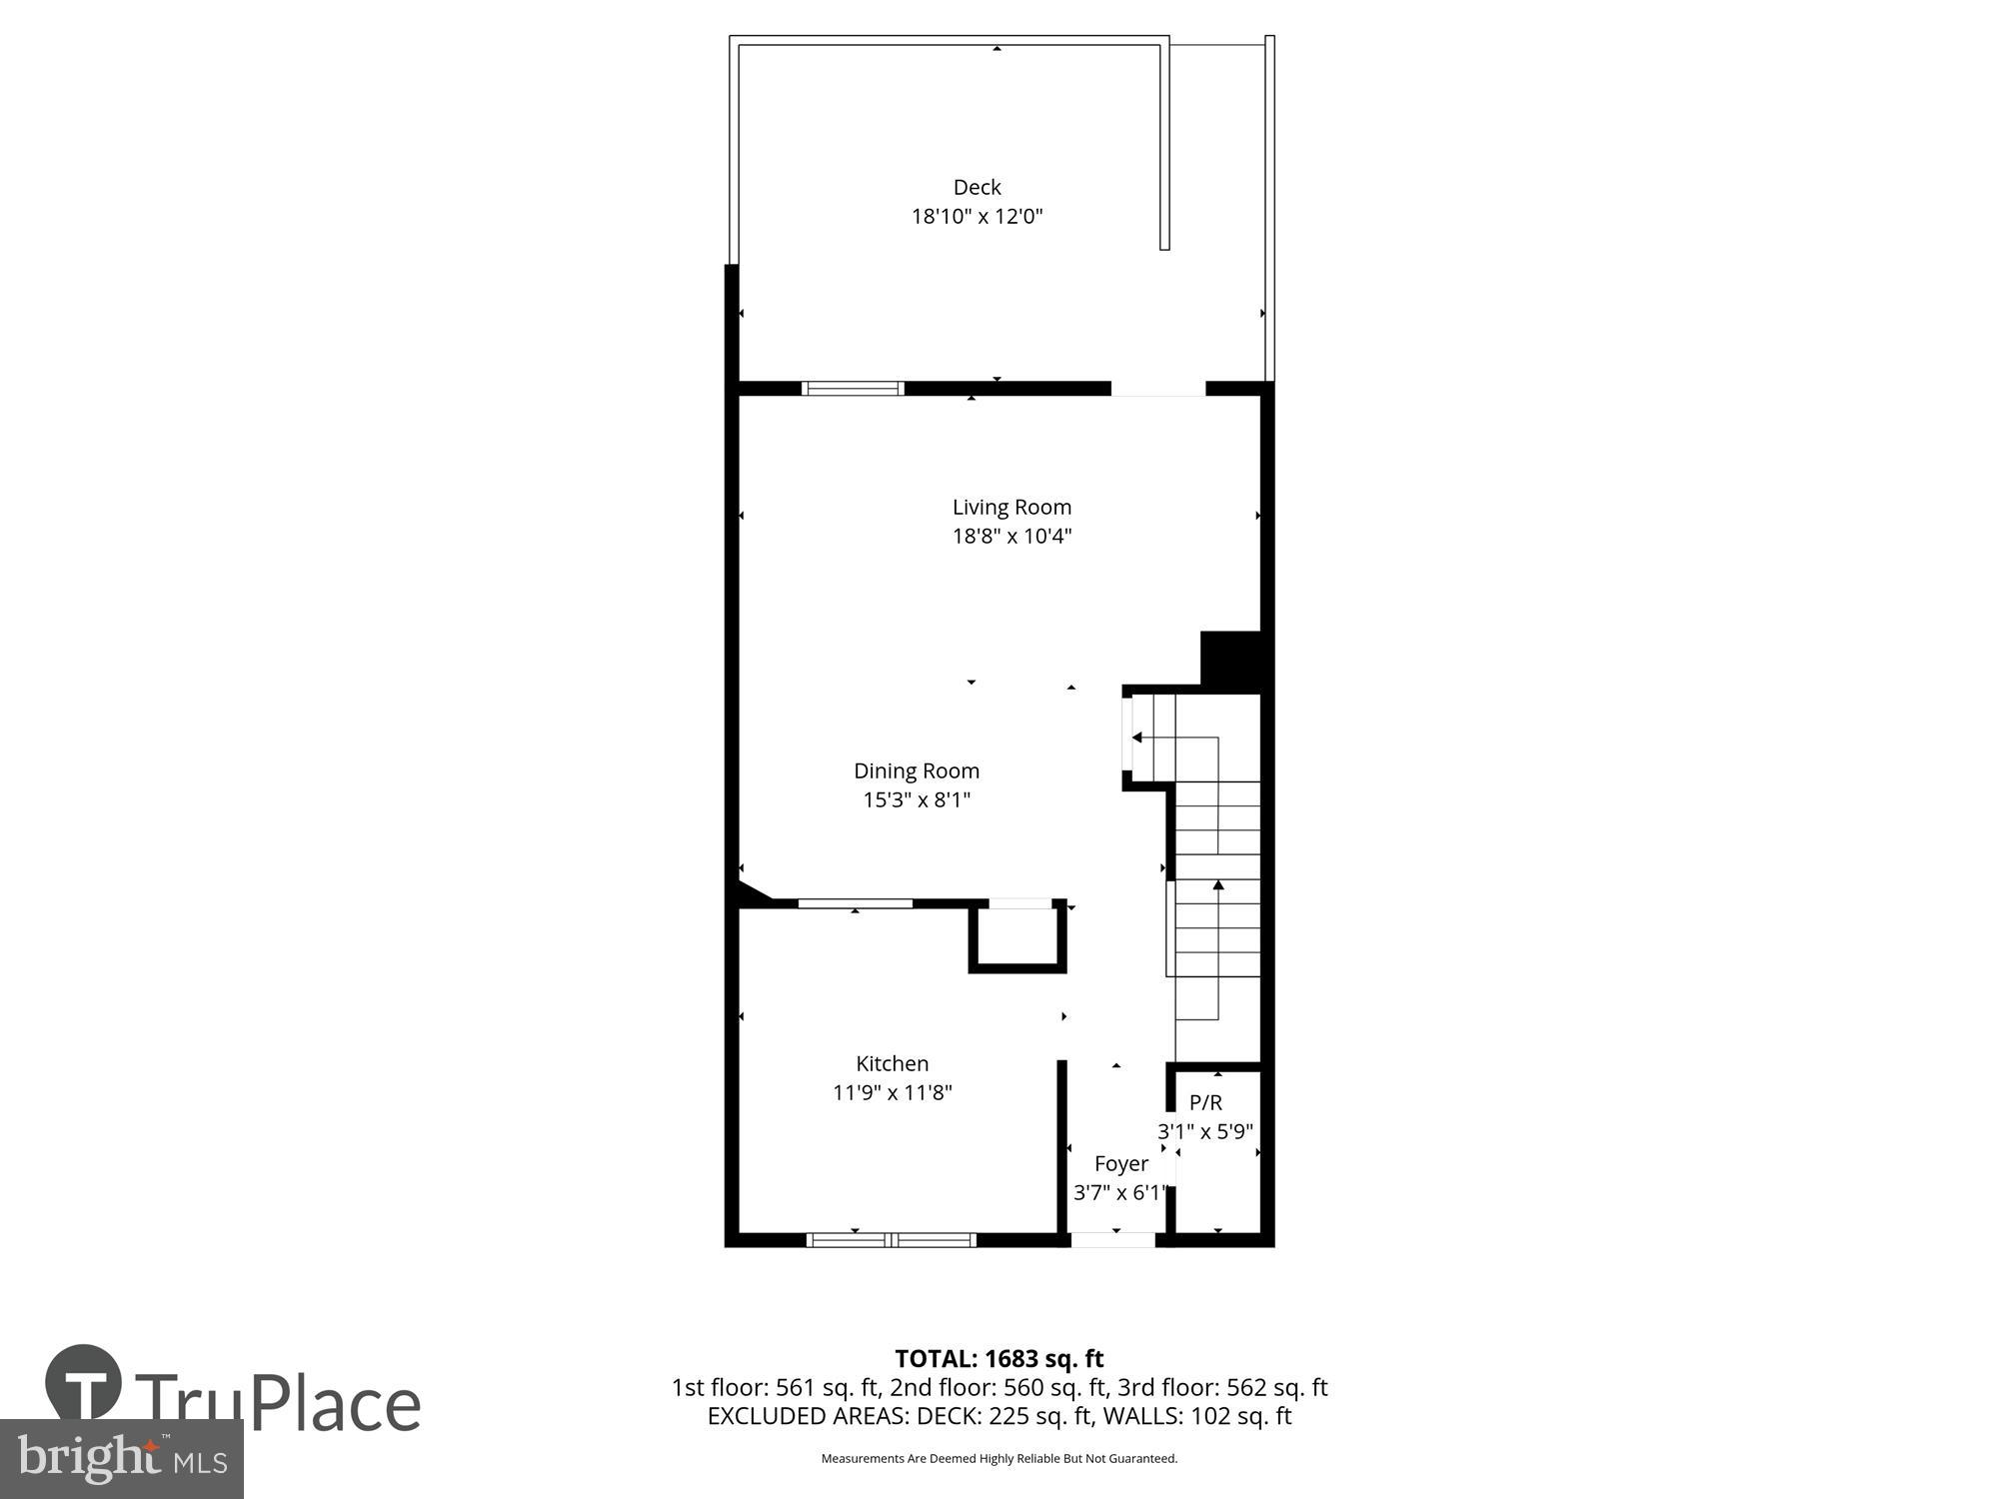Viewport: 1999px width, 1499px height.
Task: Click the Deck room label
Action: tap(977, 187)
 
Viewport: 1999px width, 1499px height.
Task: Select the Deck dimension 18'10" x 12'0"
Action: tap(977, 216)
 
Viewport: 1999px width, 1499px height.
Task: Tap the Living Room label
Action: tap(1011, 507)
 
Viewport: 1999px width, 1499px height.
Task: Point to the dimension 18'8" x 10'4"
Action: tap(1011, 536)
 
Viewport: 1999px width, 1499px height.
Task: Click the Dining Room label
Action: tap(916, 770)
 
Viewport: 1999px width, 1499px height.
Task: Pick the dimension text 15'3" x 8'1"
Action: tap(916, 799)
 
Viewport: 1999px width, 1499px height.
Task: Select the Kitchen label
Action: tap(892, 1063)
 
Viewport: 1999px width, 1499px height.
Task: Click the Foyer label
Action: tap(1120, 1163)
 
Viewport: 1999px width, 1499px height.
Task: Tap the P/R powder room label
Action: tap(1205, 1102)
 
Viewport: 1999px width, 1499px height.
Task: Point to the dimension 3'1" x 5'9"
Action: tap(1205, 1131)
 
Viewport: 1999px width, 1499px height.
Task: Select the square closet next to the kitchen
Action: tap(1016, 935)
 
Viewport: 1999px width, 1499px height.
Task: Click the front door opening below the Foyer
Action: tap(1112, 1240)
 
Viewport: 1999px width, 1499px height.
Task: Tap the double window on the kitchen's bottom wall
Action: tap(891, 1240)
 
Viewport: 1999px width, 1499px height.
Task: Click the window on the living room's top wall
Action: tap(853, 389)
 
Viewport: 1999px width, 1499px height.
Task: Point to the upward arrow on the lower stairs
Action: tap(1218, 885)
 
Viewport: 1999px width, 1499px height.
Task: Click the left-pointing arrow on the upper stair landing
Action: tap(1137, 738)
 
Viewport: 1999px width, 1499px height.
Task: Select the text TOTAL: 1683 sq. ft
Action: tap(999, 1358)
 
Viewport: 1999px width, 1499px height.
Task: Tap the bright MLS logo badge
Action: tap(121, 1459)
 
